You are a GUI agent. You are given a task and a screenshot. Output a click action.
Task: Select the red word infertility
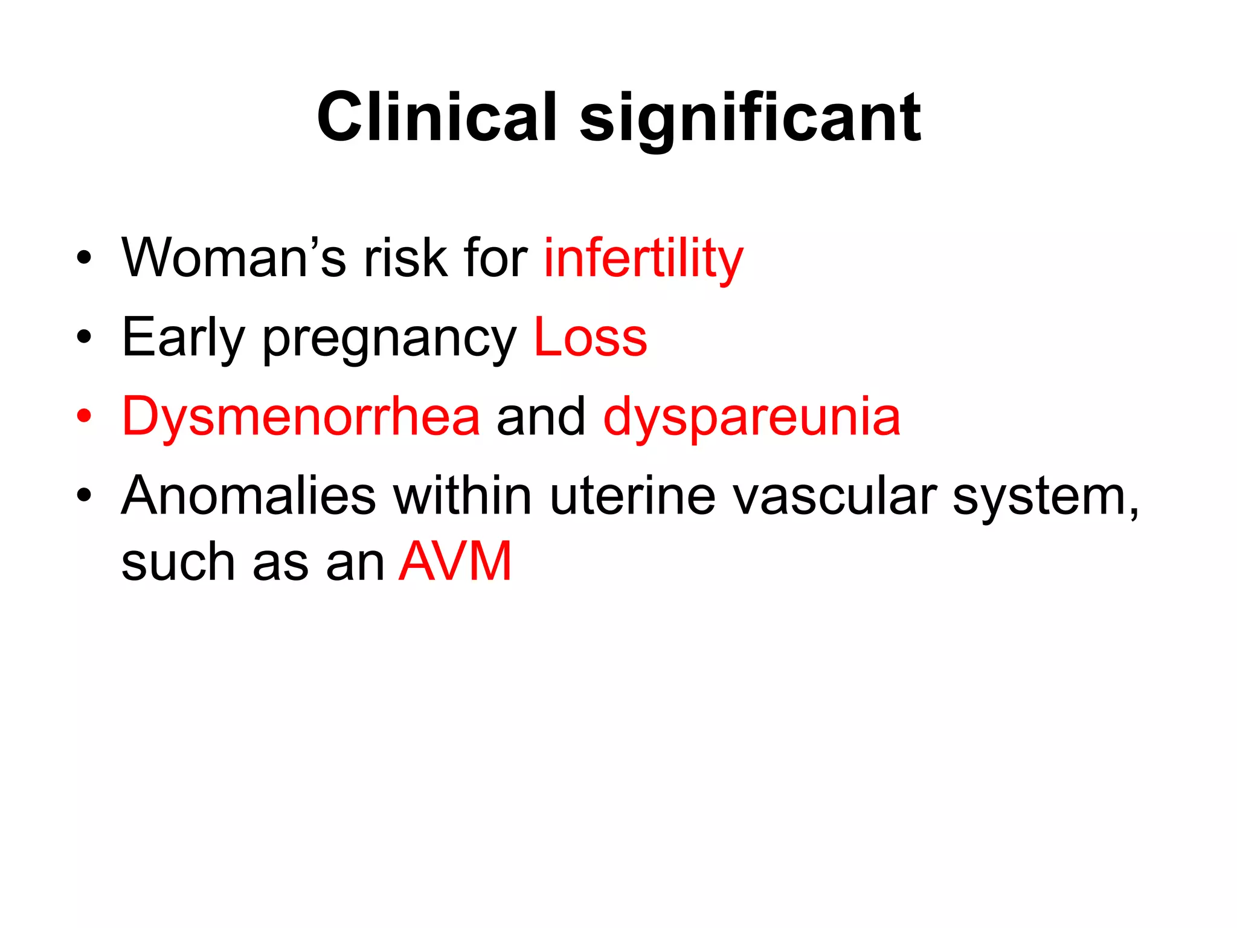(643, 259)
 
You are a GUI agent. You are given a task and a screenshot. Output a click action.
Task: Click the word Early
(183, 338)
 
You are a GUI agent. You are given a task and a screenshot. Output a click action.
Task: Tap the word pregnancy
(390, 340)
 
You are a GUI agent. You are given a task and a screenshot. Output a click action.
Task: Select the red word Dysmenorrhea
(301, 416)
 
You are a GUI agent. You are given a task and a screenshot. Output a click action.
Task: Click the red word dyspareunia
(751, 418)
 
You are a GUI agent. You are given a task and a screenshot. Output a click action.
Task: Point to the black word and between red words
(541, 416)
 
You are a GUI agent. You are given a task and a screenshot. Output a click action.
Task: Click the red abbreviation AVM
(455, 561)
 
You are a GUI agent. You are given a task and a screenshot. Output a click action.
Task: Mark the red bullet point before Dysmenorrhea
(84, 416)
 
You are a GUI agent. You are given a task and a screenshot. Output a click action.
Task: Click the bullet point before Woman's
(84, 258)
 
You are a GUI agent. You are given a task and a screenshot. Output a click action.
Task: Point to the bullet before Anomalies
(84, 496)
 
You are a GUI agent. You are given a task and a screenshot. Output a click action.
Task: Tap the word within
(463, 496)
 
